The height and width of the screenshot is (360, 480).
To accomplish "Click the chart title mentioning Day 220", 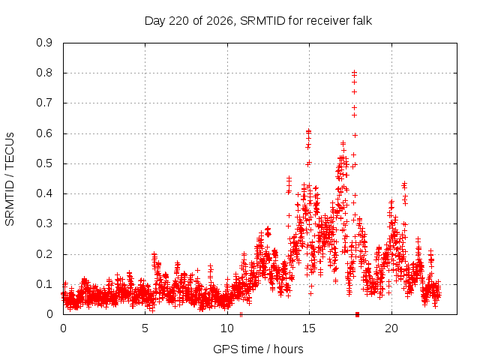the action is (x=258, y=21).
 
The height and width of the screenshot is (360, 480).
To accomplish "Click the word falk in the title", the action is (x=362, y=21).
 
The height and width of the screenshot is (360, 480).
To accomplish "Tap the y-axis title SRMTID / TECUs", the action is (x=10, y=179).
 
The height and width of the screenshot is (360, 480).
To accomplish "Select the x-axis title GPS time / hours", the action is (x=258, y=349).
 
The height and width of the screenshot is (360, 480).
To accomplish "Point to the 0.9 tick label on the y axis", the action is (x=44, y=43).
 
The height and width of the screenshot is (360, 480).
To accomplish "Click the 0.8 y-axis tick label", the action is (x=44, y=73).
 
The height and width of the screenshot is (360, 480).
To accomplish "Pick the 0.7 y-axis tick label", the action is (x=44, y=103).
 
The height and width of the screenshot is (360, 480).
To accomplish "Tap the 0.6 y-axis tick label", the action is (x=44, y=133).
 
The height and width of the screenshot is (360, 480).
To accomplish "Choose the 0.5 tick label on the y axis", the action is (x=44, y=163).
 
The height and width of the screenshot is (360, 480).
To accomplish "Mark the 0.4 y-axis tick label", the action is (x=44, y=193).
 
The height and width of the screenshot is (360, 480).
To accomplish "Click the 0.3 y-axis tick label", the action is (x=44, y=223).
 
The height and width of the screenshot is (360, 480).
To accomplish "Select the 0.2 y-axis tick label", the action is (x=44, y=254).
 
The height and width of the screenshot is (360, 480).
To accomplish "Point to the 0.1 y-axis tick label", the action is (x=44, y=284).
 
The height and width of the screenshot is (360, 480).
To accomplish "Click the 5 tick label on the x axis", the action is (x=145, y=328).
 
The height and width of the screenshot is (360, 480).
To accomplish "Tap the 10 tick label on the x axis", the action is (x=227, y=328).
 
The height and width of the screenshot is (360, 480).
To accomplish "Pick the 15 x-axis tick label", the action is (x=309, y=328).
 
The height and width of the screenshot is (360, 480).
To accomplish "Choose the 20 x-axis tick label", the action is (x=391, y=328).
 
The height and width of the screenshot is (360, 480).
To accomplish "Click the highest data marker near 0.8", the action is (x=355, y=73).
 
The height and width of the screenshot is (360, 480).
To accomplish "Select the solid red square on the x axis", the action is (x=357, y=314).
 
